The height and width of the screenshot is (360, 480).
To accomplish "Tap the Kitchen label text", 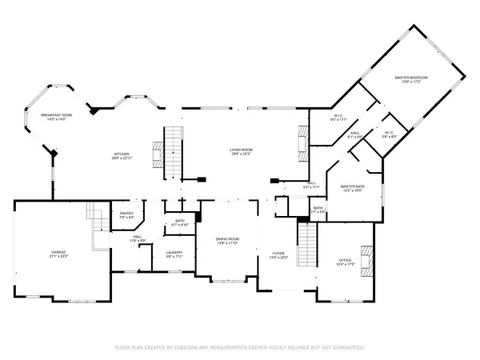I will (x=122, y=155).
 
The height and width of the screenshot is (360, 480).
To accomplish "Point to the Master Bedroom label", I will (x=411, y=78).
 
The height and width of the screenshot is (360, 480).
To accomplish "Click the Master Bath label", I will (x=353, y=189).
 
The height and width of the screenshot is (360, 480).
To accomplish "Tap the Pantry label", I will (x=126, y=214).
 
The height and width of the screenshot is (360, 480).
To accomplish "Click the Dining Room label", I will (x=228, y=240).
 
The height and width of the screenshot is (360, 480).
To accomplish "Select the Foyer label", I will (x=277, y=254).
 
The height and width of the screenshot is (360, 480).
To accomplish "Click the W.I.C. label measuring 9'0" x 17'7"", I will (x=338, y=118).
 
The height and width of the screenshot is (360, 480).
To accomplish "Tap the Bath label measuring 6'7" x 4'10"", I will (x=179, y=222).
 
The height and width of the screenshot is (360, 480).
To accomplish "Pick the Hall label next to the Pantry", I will (x=138, y=238).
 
